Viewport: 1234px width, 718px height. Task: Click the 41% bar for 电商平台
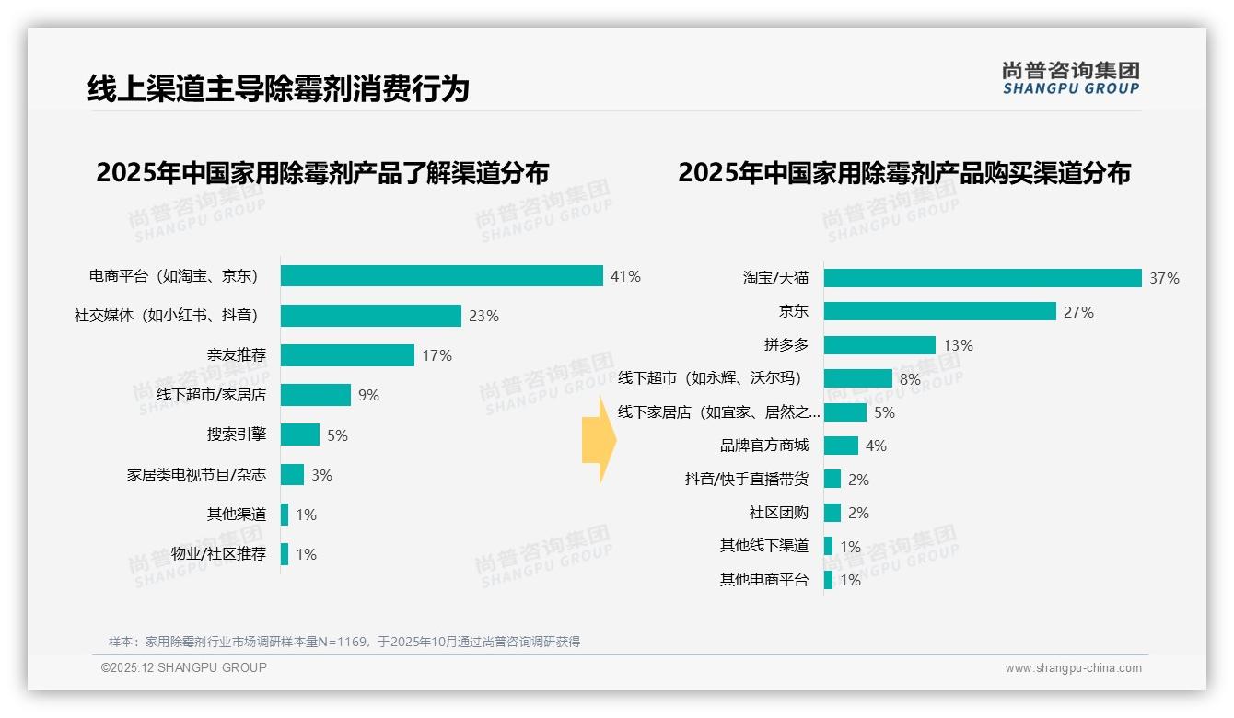point(441,276)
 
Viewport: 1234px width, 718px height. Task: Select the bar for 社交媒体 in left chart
point(370,316)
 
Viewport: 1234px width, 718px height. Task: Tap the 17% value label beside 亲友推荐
point(437,355)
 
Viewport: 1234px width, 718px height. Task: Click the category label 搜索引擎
point(237,435)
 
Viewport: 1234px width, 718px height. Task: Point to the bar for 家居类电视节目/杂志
point(292,475)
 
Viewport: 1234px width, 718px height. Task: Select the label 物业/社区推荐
point(218,554)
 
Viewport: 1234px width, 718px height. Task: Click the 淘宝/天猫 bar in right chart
point(982,278)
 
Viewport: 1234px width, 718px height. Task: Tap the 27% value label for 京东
point(1078,312)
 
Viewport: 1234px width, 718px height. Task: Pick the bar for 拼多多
point(879,345)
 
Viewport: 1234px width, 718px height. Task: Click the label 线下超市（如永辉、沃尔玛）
point(709,378)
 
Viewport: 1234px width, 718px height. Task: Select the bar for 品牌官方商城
point(841,446)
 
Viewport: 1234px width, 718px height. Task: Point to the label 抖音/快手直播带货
point(746,480)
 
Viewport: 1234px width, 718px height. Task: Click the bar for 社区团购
point(832,513)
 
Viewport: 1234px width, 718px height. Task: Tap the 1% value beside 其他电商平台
point(850,581)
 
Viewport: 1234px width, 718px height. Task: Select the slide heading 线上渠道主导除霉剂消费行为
point(278,88)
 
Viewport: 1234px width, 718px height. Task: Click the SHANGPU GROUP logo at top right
point(1070,78)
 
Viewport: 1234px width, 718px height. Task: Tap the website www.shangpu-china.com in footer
point(1073,668)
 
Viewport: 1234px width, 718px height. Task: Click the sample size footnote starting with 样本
point(344,642)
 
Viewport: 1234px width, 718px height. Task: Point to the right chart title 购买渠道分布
point(903,173)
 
